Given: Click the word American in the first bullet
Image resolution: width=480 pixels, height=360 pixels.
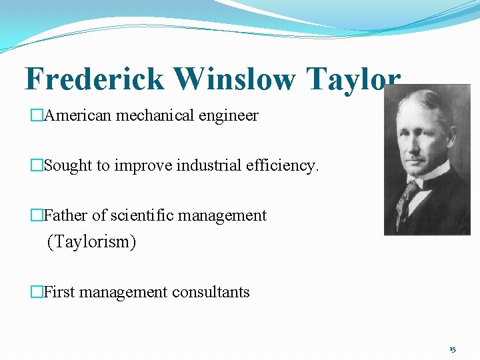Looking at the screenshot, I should (x=78, y=115).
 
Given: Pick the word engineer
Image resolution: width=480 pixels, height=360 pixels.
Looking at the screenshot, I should (x=230, y=116).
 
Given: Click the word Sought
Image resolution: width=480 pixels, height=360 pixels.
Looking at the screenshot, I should (x=68, y=165).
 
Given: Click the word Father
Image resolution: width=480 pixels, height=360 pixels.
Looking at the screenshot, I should (x=65, y=215).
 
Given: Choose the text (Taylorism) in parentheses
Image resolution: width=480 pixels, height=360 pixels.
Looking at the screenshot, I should (x=91, y=242).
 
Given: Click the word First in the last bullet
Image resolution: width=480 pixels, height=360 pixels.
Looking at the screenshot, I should (x=59, y=292).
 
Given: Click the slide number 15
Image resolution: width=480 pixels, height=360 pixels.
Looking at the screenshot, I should (x=453, y=349).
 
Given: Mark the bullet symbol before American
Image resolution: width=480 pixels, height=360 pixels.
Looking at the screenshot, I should (x=37, y=116).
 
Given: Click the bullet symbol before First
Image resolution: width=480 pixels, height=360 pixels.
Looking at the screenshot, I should (x=37, y=292).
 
